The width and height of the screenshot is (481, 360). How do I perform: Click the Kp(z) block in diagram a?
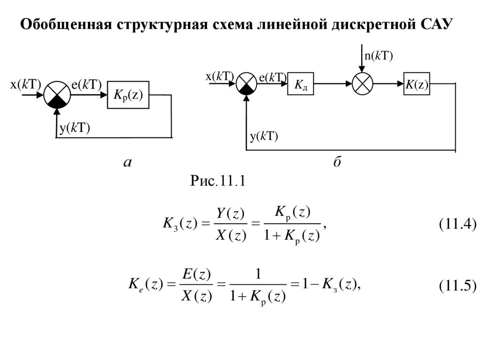click(x=128, y=95)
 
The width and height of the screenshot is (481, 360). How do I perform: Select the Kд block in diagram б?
click(x=300, y=84)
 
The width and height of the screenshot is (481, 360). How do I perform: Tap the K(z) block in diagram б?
click(x=417, y=84)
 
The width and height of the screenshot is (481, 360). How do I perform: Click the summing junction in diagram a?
click(x=57, y=95)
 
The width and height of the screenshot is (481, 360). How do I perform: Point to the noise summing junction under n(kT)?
click(x=362, y=84)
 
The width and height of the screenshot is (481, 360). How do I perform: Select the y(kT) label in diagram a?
click(x=75, y=129)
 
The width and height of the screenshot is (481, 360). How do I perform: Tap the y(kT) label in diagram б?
click(x=264, y=137)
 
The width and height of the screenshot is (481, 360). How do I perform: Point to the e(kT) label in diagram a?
click(x=86, y=84)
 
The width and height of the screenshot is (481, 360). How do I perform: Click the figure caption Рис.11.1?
click(x=217, y=181)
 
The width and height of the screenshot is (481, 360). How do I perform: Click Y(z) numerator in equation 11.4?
click(x=231, y=214)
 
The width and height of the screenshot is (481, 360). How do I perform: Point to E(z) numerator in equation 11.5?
click(x=196, y=274)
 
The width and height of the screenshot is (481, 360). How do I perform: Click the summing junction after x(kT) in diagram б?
click(x=246, y=84)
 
